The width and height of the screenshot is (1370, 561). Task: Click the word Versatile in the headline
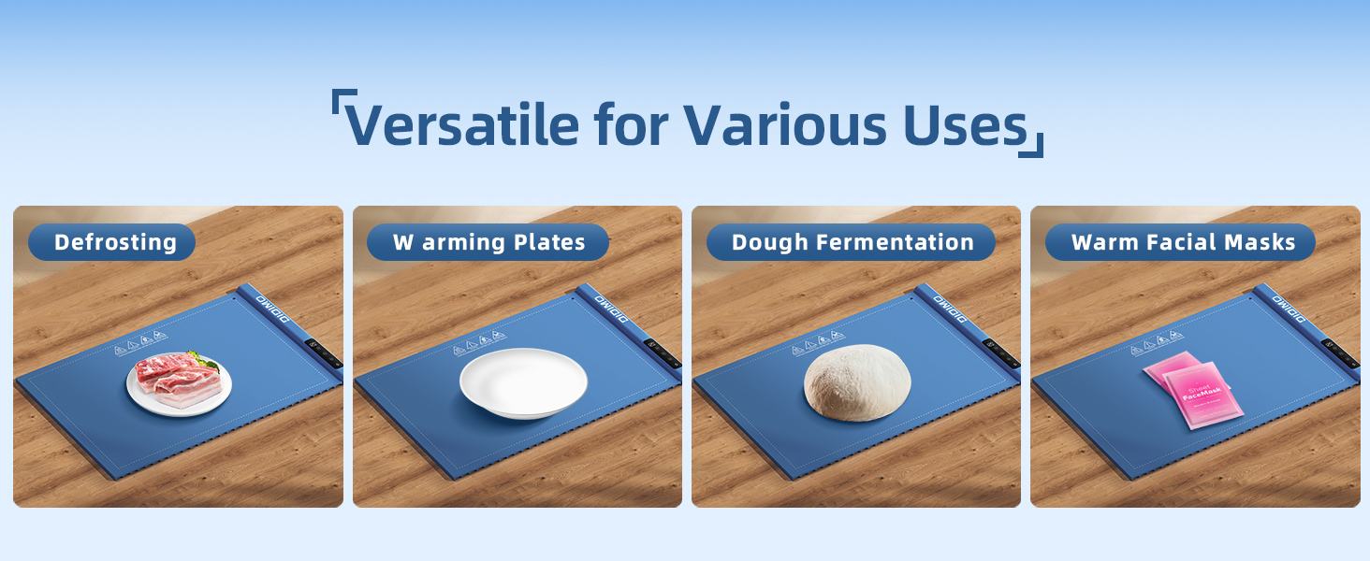[x=461, y=123]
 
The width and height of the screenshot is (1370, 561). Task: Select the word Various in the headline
[x=782, y=123]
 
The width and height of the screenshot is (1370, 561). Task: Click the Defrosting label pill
[x=112, y=242]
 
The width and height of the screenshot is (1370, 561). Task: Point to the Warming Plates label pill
[x=488, y=242]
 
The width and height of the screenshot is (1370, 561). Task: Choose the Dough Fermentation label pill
[x=851, y=242]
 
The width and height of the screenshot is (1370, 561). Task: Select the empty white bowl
[x=523, y=382]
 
